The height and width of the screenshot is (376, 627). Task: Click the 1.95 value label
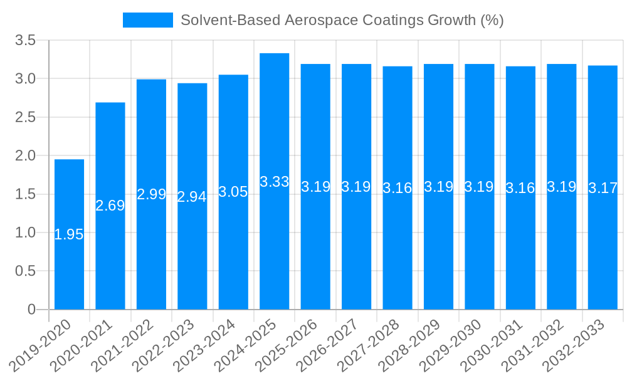coord(69,235)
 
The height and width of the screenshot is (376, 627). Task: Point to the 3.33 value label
coord(275,182)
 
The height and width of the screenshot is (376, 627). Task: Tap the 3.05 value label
coord(233,192)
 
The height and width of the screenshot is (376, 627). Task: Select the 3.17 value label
coord(603,188)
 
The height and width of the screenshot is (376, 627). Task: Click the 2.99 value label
coord(151,194)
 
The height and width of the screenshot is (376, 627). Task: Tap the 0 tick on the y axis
coord(31,310)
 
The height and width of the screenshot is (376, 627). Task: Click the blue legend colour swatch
coord(148,20)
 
